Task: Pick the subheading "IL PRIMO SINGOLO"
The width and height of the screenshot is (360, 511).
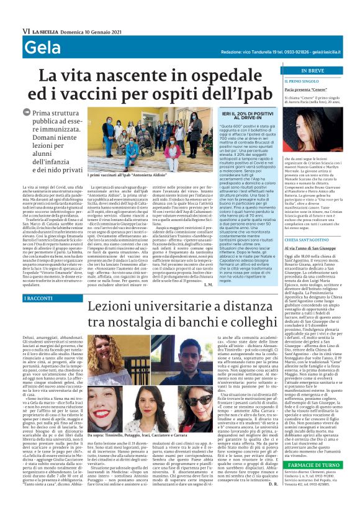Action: [302, 81]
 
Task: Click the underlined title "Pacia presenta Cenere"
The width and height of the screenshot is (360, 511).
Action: [307, 89]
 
